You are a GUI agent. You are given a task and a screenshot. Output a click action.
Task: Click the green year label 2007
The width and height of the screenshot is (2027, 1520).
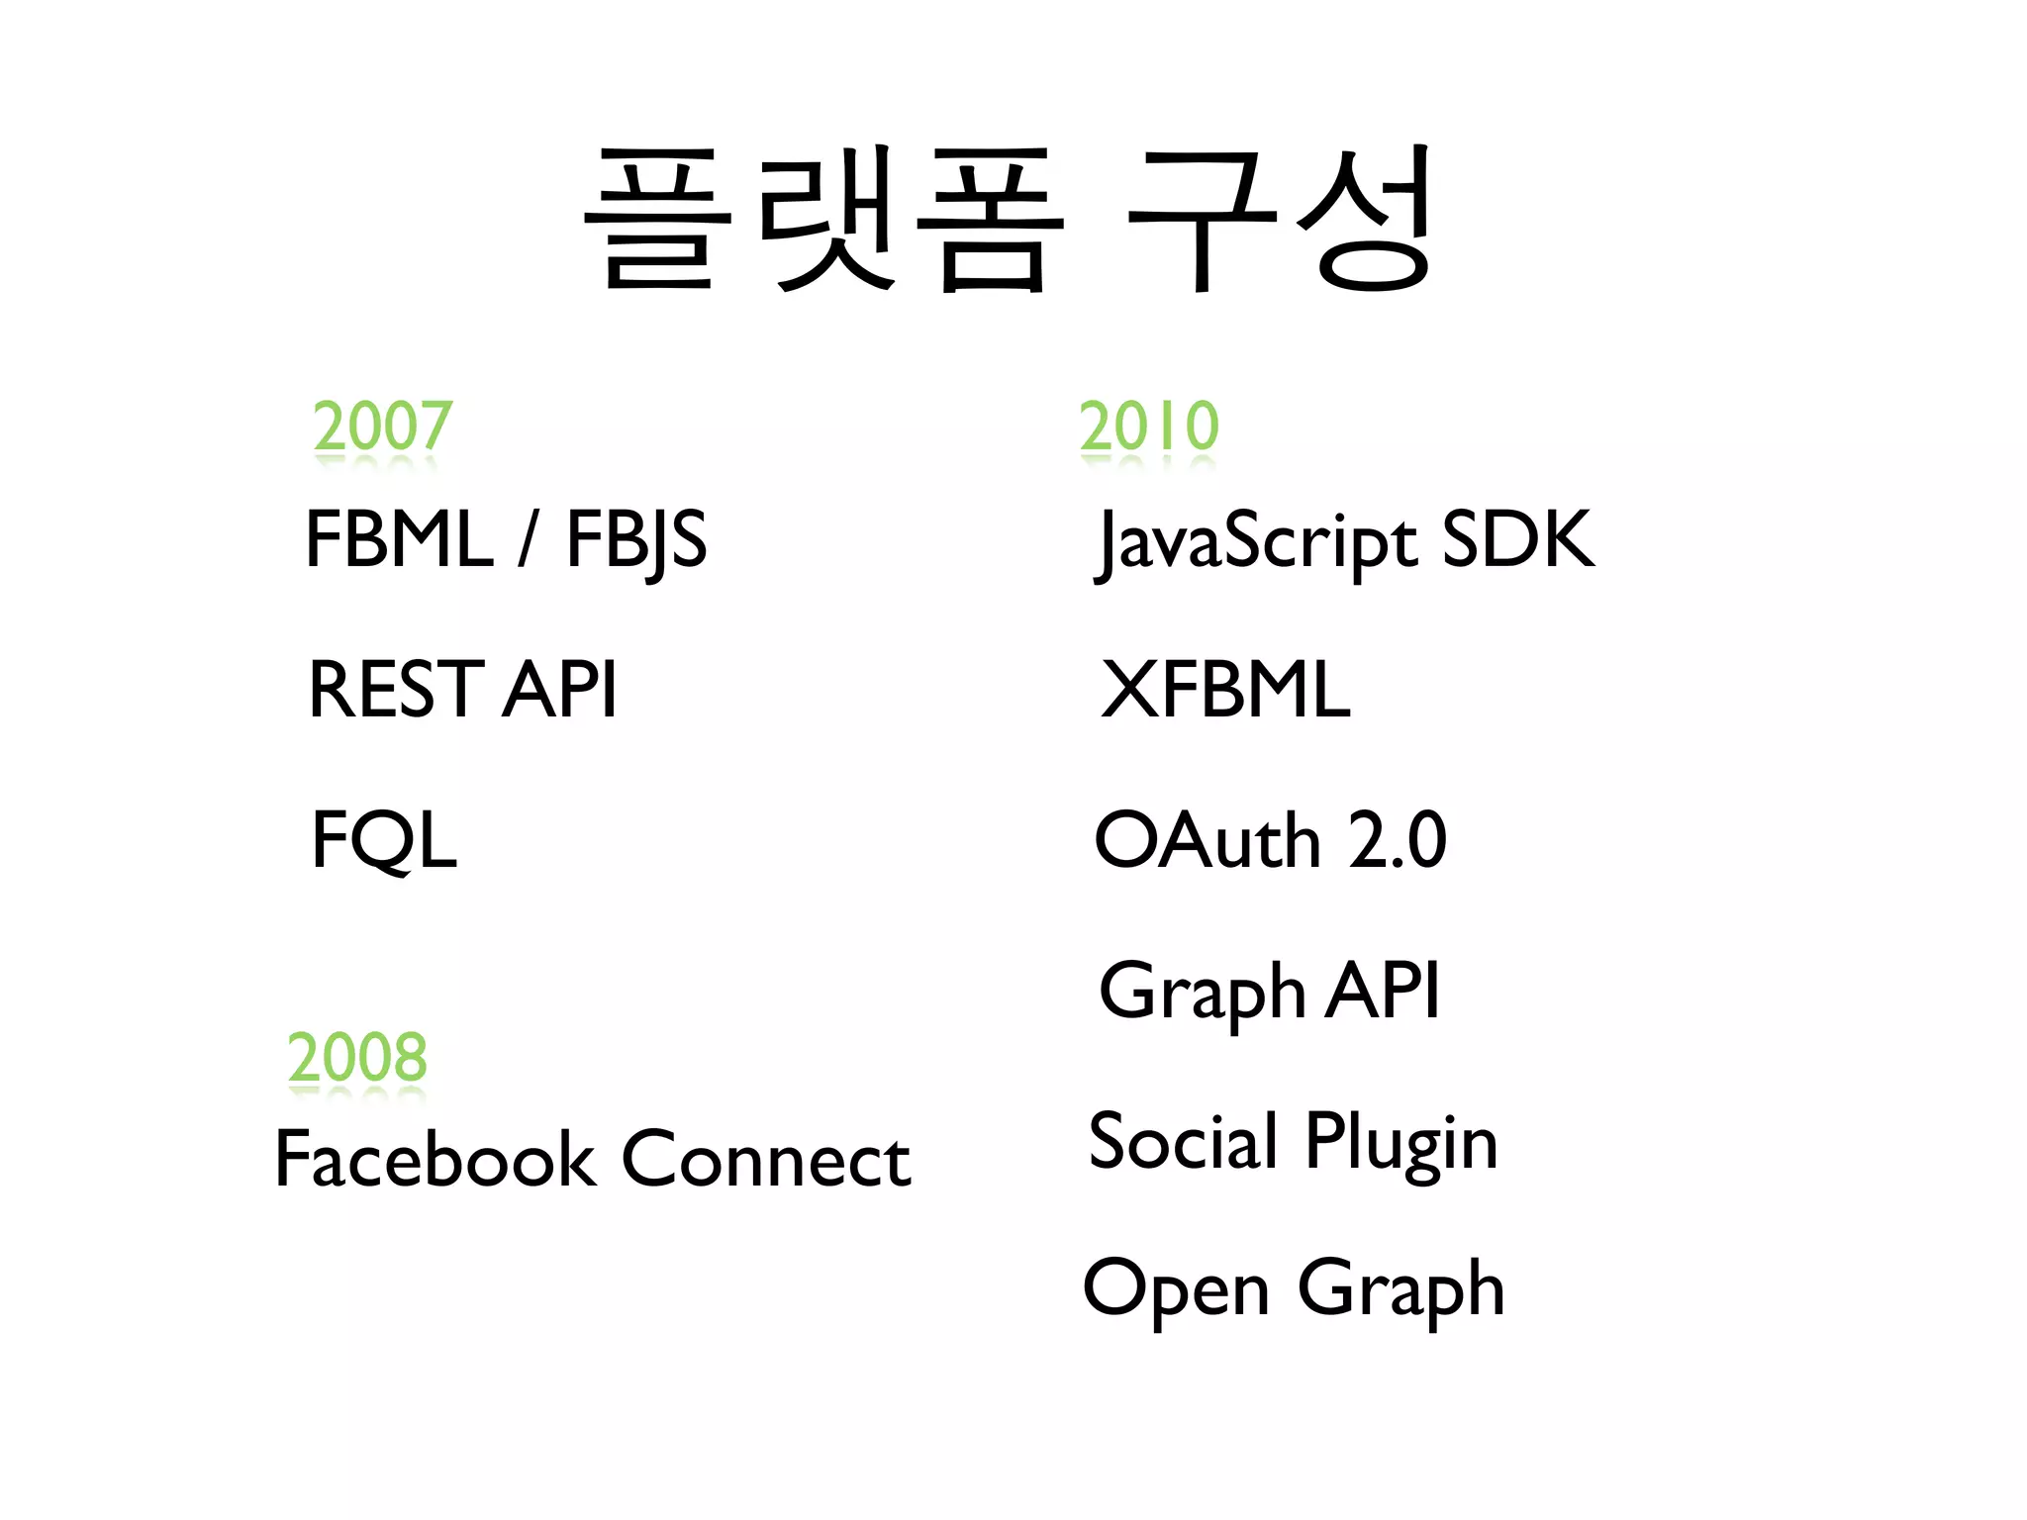click(x=382, y=427)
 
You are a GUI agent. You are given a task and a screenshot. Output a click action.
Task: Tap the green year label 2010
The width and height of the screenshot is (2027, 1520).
click(x=1148, y=427)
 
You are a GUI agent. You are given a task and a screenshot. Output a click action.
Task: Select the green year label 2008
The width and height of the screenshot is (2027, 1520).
click(x=357, y=1057)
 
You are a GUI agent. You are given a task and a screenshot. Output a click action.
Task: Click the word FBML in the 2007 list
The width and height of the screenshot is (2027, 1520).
click(x=399, y=539)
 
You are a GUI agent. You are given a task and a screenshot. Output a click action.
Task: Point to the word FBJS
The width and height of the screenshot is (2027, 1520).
click(x=636, y=541)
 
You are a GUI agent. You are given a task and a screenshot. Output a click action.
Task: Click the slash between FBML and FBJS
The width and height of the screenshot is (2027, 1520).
click(x=529, y=539)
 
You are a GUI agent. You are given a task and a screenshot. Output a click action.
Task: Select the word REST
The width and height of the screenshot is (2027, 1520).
click(x=396, y=690)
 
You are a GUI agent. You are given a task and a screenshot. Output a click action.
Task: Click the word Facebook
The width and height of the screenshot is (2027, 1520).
click(x=435, y=1159)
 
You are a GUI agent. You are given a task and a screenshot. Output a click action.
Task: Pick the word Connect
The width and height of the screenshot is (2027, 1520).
click(x=766, y=1159)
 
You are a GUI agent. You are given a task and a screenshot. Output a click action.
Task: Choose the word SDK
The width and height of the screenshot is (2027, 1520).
click(x=1518, y=539)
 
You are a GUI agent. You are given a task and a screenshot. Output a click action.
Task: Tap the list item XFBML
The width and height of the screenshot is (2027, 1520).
click(x=1225, y=690)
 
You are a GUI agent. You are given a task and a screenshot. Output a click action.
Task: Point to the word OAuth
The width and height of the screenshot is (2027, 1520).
click(x=1207, y=840)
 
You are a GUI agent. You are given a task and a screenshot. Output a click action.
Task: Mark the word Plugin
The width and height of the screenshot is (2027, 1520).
click(x=1401, y=1143)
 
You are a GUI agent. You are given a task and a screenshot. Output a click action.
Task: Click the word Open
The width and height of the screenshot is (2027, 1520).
click(x=1176, y=1289)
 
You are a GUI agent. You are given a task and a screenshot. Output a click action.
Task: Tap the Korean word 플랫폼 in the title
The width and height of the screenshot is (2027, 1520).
click(x=824, y=220)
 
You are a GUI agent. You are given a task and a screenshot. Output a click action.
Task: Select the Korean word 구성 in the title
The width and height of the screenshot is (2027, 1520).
click(x=1280, y=220)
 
